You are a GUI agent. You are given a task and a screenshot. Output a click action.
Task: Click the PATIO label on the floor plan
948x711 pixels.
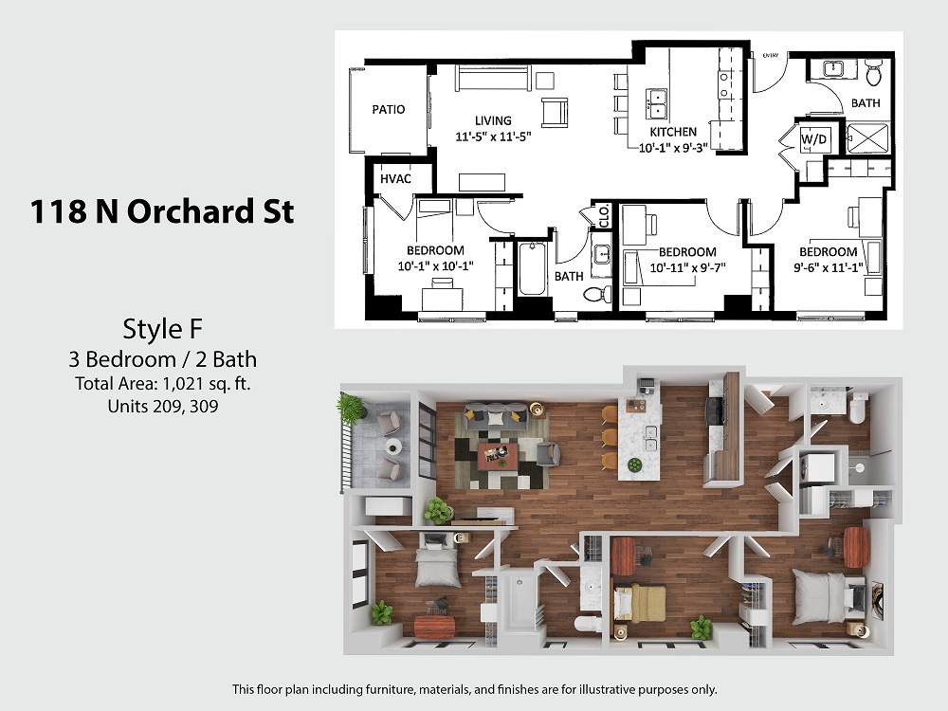pyautogui.click(x=388, y=109)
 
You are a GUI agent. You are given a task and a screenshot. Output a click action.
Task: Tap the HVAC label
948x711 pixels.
pyautogui.click(x=395, y=179)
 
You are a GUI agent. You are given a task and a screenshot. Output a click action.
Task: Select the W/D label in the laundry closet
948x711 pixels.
pyautogui.click(x=813, y=139)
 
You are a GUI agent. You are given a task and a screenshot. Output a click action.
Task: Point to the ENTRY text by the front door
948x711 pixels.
pyautogui.click(x=770, y=56)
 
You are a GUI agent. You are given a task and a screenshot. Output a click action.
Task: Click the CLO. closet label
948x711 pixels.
pyautogui.click(x=605, y=216)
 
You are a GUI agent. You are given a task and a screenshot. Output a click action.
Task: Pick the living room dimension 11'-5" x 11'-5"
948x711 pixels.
pyautogui.click(x=493, y=137)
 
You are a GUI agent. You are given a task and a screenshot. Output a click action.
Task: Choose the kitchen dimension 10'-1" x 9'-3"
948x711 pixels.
pyautogui.click(x=673, y=148)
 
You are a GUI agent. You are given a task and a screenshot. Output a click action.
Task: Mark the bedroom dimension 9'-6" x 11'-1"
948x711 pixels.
pyautogui.click(x=829, y=267)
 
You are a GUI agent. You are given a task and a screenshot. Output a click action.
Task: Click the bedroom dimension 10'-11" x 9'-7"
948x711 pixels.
pyautogui.click(x=687, y=267)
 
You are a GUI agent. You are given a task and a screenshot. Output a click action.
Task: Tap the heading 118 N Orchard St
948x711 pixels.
pyautogui.click(x=162, y=211)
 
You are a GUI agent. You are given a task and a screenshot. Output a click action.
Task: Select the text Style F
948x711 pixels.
pyautogui.click(x=162, y=329)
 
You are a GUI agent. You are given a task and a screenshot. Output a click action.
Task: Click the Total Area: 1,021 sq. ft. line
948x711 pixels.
pyautogui.click(x=163, y=383)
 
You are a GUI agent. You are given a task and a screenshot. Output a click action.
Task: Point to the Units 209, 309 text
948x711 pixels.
pyautogui.click(x=163, y=407)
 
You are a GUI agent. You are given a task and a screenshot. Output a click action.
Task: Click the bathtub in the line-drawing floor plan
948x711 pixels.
pyautogui.click(x=532, y=268)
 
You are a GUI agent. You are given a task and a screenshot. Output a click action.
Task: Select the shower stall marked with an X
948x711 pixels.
pyautogui.click(x=867, y=137)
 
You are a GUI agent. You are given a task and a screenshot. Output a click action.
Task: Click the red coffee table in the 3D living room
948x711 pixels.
pyautogui.click(x=499, y=455)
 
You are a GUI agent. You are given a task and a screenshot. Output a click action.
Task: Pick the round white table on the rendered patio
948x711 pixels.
pyautogui.click(x=393, y=447)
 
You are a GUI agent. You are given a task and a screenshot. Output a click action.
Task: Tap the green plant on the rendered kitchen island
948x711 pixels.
pyautogui.click(x=635, y=465)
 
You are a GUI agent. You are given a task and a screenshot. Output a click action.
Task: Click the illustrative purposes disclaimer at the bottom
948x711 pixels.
pyautogui.click(x=475, y=689)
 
